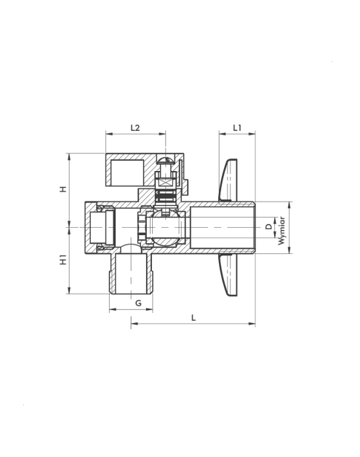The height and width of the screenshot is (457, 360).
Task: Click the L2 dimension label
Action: click(x=135, y=127)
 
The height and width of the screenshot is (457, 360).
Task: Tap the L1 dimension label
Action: click(x=237, y=127)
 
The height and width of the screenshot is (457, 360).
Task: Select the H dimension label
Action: click(x=63, y=189)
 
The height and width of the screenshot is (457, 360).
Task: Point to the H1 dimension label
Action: click(x=63, y=260)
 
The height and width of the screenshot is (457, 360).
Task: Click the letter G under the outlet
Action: click(x=138, y=303)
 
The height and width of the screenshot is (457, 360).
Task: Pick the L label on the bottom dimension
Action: click(x=193, y=318)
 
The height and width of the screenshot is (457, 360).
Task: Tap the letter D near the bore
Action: click(x=268, y=226)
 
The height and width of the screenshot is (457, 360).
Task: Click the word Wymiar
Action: click(x=281, y=231)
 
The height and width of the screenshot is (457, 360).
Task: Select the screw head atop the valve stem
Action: click(x=165, y=159)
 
